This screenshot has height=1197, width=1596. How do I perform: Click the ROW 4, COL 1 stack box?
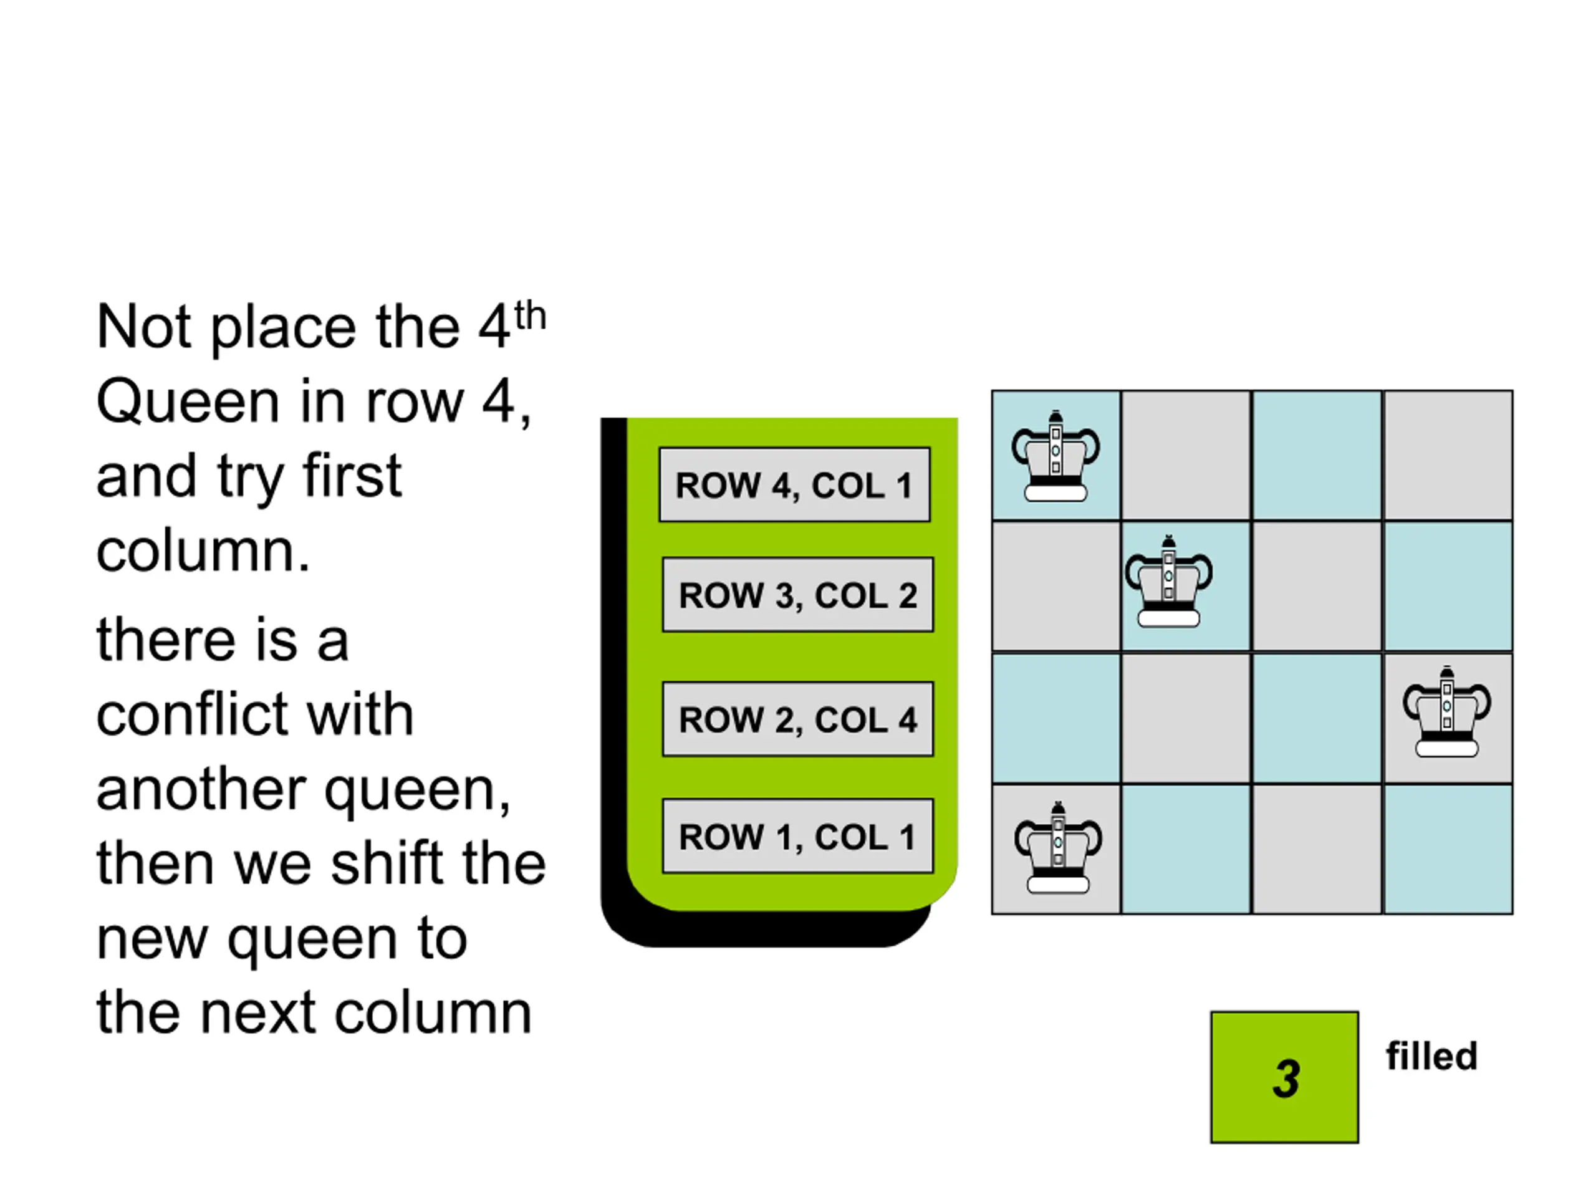pyautogui.click(x=794, y=484)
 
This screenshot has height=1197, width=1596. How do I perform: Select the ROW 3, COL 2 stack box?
pyautogui.click(x=798, y=595)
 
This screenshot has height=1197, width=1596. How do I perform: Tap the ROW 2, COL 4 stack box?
pyautogui.click(x=798, y=719)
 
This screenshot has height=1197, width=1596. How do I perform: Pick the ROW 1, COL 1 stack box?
pyautogui.click(x=798, y=836)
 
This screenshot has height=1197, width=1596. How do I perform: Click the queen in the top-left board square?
pyautogui.click(x=1055, y=456)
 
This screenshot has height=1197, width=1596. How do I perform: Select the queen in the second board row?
pyautogui.click(x=1169, y=581)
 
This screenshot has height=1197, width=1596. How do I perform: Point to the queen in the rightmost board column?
pyautogui.click(x=1446, y=711)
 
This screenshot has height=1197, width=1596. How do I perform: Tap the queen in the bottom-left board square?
pyautogui.click(x=1058, y=848)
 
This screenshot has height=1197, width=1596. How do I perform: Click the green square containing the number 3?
pyautogui.click(x=1284, y=1077)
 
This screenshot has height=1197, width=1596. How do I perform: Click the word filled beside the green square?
pyautogui.click(x=1431, y=1056)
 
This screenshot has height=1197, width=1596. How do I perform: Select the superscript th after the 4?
pyautogui.click(x=529, y=316)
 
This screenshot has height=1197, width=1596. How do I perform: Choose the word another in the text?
pyautogui.click(x=201, y=789)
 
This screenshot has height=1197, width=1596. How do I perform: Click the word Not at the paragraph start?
pyautogui.click(x=143, y=326)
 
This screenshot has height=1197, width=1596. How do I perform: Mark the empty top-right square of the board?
pyautogui.click(x=1448, y=455)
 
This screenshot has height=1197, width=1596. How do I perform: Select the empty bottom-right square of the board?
pyautogui.click(x=1448, y=849)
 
